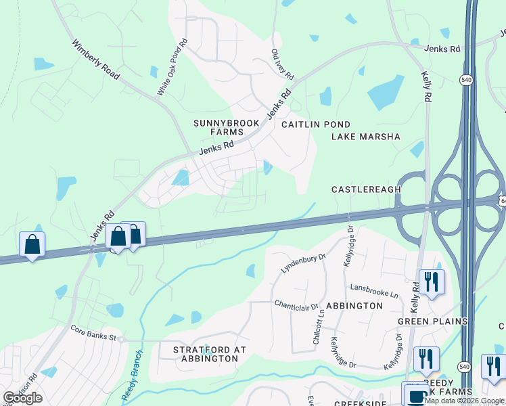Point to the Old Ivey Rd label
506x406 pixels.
(282, 63)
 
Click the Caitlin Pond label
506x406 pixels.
(316, 125)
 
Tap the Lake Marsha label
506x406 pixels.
(366, 137)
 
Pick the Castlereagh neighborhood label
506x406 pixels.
(366, 189)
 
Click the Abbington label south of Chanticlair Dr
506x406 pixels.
(354, 306)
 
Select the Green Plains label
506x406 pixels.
(433, 321)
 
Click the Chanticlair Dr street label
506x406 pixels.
(296, 306)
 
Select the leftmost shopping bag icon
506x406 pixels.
(32, 244)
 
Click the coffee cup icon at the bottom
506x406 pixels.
(413, 394)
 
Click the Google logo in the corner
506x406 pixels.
(22, 398)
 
